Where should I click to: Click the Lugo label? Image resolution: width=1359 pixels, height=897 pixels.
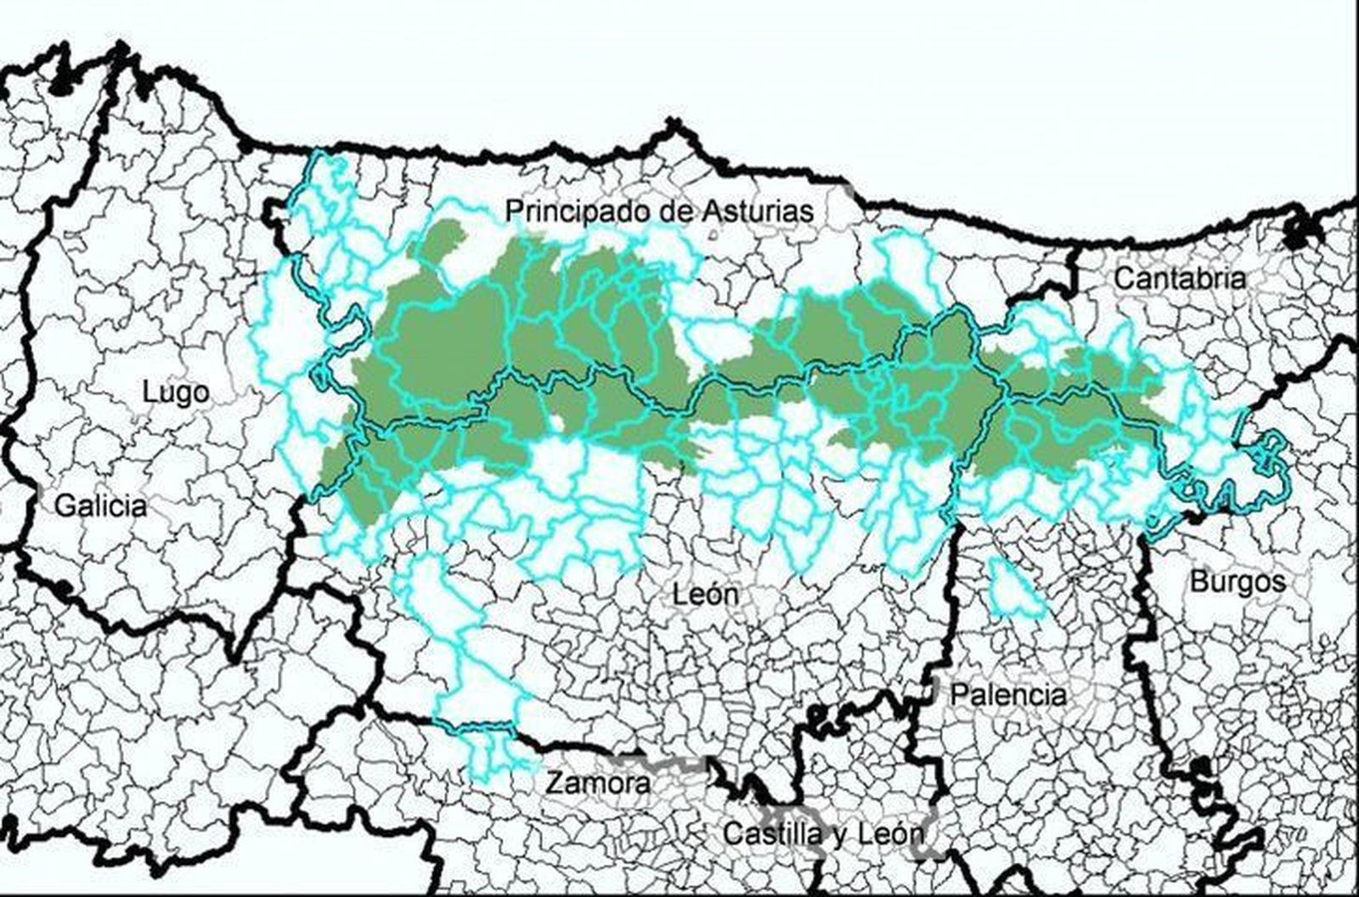point(176,392)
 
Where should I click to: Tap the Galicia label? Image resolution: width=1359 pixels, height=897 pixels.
point(100,506)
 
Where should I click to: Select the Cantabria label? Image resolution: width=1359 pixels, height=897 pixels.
point(1180,279)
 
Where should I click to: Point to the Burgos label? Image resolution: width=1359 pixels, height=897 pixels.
point(1238,582)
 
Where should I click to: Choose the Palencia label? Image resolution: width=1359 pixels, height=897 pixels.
point(1008,695)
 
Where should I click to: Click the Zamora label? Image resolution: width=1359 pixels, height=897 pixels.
point(598,782)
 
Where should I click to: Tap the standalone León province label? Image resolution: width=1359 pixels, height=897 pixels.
point(706,595)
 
